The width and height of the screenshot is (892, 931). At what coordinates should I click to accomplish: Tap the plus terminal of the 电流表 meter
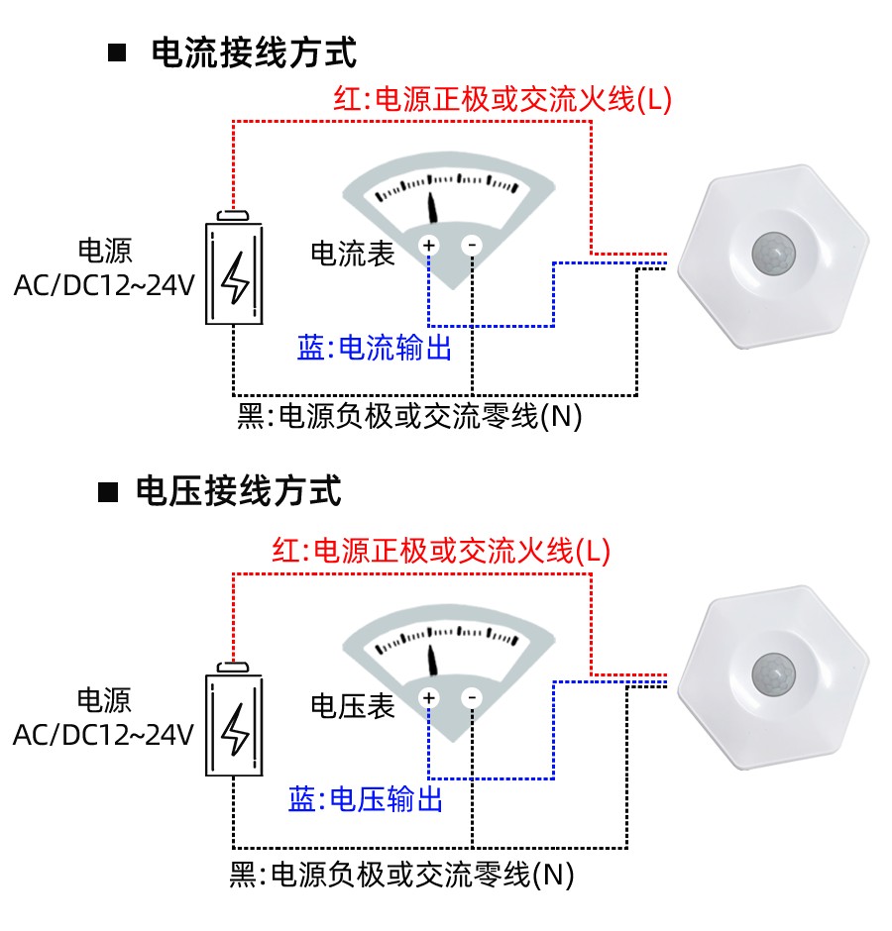(429, 245)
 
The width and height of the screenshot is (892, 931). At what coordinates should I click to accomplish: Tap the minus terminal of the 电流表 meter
(472, 245)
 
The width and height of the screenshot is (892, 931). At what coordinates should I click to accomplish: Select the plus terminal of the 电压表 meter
(429, 698)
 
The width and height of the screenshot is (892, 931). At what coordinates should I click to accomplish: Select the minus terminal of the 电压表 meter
(472, 698)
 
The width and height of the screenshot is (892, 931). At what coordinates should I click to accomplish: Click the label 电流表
(353, 254)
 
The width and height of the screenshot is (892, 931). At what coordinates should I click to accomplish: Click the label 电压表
(353, 705)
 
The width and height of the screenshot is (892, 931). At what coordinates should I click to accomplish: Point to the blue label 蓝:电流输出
(375, 348)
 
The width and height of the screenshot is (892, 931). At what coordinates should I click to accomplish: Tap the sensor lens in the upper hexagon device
(773, 254)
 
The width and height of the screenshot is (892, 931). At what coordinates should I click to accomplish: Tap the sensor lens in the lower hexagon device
(773, 675)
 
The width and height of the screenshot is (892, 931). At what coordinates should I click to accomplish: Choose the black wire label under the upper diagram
(409, 416)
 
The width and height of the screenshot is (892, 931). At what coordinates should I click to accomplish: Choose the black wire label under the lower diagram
(401, 875)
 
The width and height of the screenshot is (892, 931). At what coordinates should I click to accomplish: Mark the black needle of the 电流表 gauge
(433, 206)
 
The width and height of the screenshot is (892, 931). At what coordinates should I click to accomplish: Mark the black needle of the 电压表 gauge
(432, 660)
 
